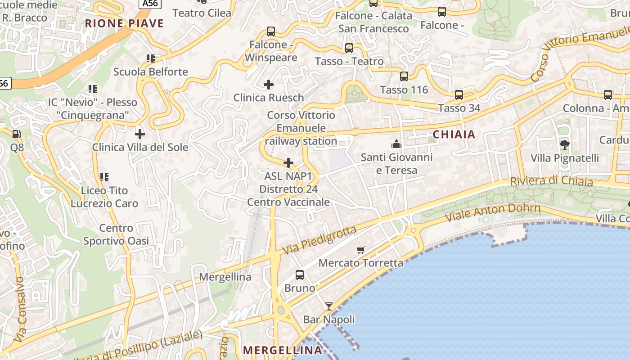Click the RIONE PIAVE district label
pyautogui.click(x=124, y=23)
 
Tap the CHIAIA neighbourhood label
pyautogui.click(x=454, y=134)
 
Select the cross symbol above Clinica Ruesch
pyautogui.click(x=269, y=84)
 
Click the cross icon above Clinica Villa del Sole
pyautogui.click(x=140, y=134)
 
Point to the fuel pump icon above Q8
pyautogui.click(x=17, y=134)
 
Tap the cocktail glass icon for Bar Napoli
pyautogui.click(x=329, y=306)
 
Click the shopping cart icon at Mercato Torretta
pyautogui.click(x=360, y=250)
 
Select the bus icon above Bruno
pyautogui.click(x=300, y=274)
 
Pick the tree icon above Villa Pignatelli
pyautogui.click(x=564, y=144)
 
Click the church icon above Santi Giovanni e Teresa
pyautogui.click(x=396, y=144)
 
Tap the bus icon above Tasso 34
pyautogui.click(x=459, y=95)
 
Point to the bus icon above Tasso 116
pyautogui.click(x=404, y=76)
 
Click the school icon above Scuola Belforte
pyautogui.click(x=150, y=58)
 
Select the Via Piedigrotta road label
pyautogui.click(x=319, y=240)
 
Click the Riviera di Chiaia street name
pyautogui.click(x=551, y=181)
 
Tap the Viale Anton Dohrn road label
pyautogui.click(x=493, y=213)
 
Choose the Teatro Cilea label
pyautogui.click(x=202, y=13)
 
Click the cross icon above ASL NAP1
pyautogui.click(x=288, y=162)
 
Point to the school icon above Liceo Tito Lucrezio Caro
pyautogui.click(x=104, y=177)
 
